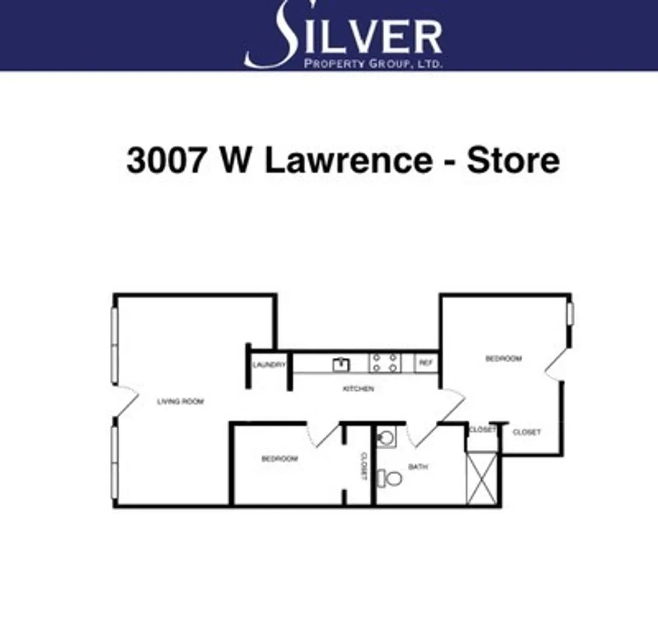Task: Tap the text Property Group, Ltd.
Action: click(373, 63)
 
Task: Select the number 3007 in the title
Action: click(167, 160)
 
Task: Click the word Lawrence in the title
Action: click(349, 160)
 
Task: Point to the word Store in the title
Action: click(513, 160)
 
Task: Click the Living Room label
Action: click(181, 401)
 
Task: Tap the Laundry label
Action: click(269, 365)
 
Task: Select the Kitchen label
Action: click(358, 389)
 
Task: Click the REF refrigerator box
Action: click(426, 363)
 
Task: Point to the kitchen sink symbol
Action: click(341, 364)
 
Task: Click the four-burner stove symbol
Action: click(385, 363)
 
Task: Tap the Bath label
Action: click(418, 467)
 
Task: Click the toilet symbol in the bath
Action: click(390, 479)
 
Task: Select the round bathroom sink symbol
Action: click(385, 437)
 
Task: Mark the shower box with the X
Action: click(481, 478)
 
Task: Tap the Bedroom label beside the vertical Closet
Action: click(280, 459)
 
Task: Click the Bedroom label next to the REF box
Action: click(504, 358)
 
